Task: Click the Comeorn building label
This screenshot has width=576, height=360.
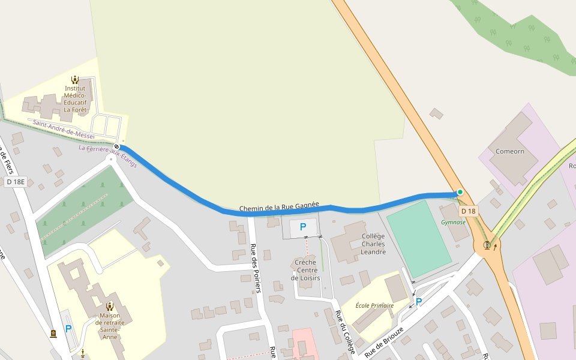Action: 509,151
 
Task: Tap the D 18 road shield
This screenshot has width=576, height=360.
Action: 468,211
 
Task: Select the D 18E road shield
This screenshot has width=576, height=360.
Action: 16,181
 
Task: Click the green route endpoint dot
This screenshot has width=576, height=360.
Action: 460,192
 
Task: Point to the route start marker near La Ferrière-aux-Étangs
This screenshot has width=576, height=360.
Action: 116,147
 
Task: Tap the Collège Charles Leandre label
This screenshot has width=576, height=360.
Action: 373,244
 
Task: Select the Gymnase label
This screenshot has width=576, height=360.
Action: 453,222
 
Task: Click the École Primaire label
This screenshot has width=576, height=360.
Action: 374,305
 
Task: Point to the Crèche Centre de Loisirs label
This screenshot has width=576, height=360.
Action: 306,270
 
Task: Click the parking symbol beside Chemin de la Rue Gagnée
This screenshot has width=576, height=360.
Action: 302,227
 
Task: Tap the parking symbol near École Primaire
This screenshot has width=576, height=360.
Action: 418,302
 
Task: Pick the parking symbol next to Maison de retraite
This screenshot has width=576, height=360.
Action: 68,329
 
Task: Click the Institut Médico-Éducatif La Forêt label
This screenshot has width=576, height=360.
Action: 76,99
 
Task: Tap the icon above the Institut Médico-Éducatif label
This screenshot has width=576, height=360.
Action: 76,79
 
